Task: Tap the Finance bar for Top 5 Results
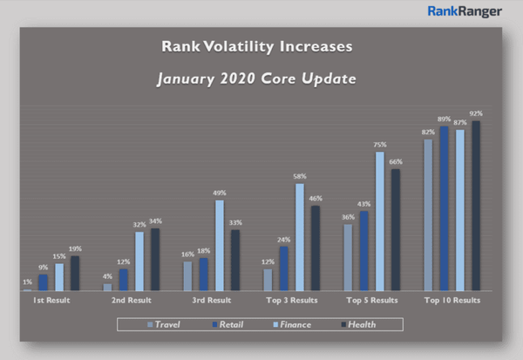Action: [380, 221]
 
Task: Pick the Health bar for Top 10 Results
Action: [476, 206]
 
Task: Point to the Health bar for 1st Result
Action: [75, 274]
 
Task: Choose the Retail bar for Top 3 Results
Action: [283, 268]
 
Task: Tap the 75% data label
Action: [380, 146]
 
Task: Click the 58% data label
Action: [300, 177]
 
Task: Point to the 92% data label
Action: [476, 114]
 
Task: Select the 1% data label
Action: [27, 282]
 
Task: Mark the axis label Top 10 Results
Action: [452, 300]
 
